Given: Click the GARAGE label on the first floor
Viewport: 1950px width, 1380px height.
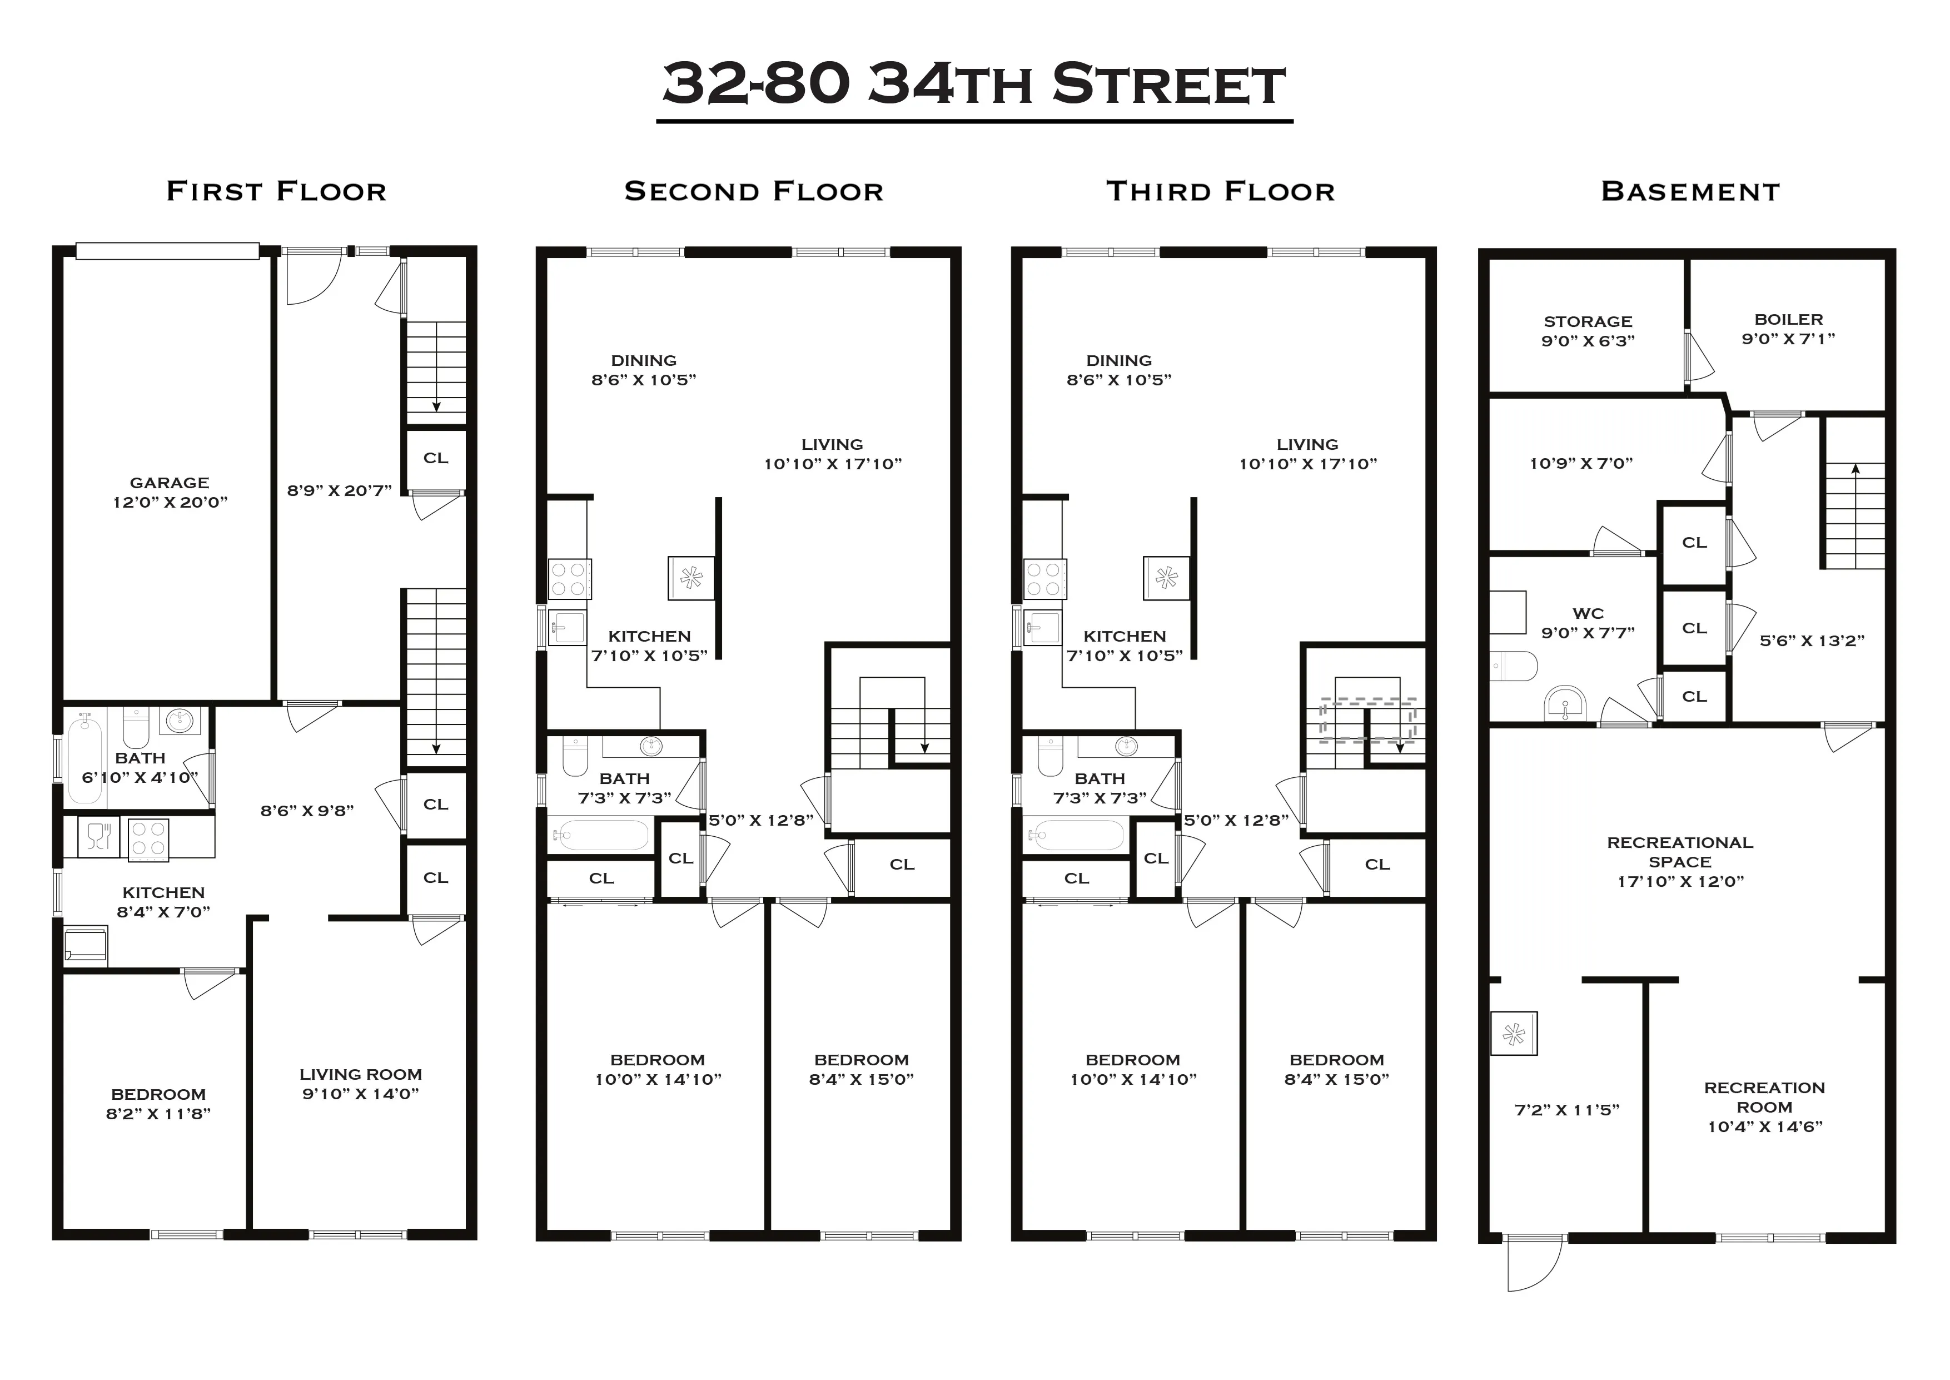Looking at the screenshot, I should [170, 483].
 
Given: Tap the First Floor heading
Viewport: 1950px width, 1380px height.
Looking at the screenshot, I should [276, 191].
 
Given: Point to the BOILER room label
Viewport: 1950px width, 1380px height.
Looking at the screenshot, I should [1789, 320].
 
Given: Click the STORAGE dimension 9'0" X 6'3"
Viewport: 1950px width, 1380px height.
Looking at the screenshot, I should [1588, 341].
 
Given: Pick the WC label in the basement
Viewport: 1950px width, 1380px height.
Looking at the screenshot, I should [1588, 613].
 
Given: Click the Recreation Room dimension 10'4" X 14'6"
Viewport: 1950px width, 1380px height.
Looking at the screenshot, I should [1765, 1127].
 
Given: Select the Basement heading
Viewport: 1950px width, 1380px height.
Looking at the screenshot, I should [1690, 191].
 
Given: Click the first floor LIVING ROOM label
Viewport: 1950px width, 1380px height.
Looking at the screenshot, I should [360, 1074].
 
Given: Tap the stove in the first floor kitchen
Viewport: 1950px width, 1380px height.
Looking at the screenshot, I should [148, 840].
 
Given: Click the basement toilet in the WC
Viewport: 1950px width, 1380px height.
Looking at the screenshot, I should [1514, 666].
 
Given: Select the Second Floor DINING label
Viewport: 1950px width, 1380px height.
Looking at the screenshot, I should [644, 360].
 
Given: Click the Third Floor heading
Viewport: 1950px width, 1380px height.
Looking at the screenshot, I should [1221, 191].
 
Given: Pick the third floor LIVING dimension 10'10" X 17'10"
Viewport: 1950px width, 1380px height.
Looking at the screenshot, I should [1308, 464].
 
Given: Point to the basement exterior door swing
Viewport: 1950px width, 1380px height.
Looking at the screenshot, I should [1533, 1264].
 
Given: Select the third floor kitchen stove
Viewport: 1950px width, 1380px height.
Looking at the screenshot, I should [1044, 579].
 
